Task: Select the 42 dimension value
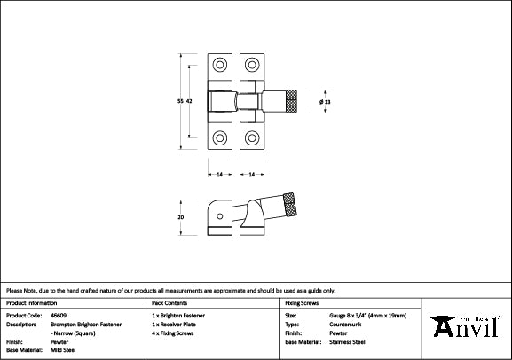190,103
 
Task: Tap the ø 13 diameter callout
325,103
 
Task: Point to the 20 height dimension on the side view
181,215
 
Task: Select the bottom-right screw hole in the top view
252,137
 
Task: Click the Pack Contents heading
169,303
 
